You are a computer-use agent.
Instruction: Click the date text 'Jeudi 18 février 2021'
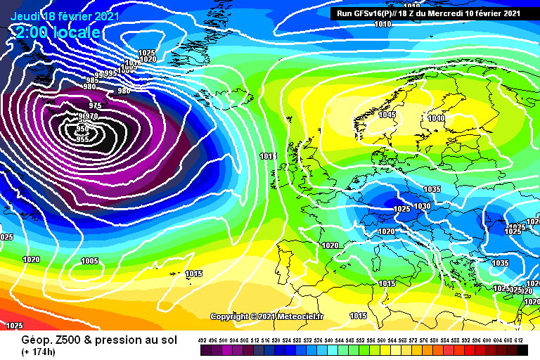click(65, 16)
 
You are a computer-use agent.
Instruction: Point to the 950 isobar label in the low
click(82, 129)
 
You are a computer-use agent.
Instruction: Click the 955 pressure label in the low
click(82, 139)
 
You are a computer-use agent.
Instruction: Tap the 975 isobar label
click(96, 105)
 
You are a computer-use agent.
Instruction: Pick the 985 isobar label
click(92, 79)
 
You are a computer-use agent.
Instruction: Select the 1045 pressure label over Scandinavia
click(387, 115)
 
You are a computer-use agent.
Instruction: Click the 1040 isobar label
click(436, 119)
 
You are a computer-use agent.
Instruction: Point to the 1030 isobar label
click(422, 206)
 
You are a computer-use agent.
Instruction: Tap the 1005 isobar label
click(90, 261)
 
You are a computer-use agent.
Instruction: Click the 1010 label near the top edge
click(382, 25)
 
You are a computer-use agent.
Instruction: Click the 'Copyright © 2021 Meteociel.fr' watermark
click(266, 317)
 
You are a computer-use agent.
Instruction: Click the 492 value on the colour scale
click(202, 341)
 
